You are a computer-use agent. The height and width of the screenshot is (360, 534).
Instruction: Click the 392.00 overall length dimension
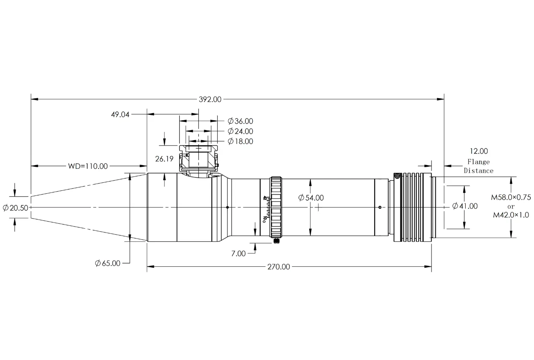[x=210, y=99]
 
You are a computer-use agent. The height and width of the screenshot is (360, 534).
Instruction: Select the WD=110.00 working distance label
[x=88, y=166]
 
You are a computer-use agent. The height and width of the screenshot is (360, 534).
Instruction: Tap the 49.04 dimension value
[x=120, y=114]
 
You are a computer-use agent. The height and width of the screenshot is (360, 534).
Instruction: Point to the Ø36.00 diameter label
[x=240, y=121]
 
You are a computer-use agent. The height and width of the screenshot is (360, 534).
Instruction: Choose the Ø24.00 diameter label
[x=240, y=131]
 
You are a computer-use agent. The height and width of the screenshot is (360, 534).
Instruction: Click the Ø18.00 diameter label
[x=240, y=141]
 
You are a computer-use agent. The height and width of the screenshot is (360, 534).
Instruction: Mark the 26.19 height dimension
[x=164, y=159]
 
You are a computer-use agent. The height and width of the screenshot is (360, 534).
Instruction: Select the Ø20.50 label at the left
[x=16, y=208]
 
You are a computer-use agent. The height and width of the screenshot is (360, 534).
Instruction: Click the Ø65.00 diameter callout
[x=108, y=263]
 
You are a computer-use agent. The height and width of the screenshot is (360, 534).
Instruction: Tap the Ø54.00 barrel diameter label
[x=311, y=198]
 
